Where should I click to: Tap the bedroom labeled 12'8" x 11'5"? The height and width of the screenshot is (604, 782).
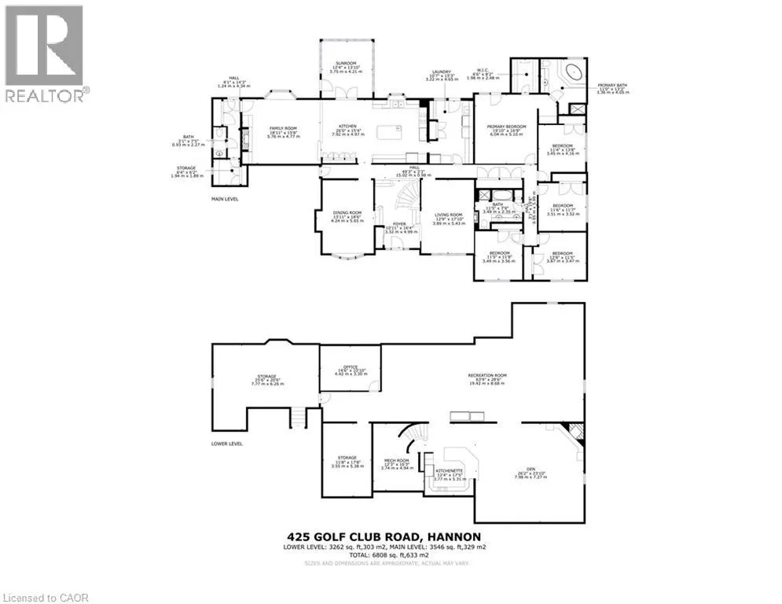(x=559, y=256)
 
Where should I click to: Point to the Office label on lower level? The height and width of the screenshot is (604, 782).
(x=347, y=370)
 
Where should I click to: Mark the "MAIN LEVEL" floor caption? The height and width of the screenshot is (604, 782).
(x=225, y=199)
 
